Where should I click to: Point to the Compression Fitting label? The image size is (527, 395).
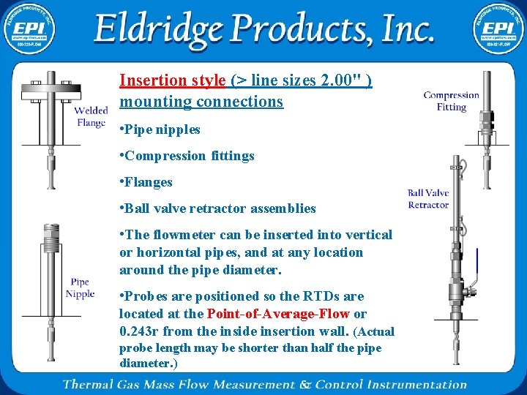pyautogui.click(x=452, y=101)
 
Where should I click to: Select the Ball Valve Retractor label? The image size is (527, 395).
pyautogui.click(x=428, y=199)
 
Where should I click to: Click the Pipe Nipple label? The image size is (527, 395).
pyautogui.click(x=80, y=287)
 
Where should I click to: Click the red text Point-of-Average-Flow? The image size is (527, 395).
pyautogui.click(x=279, y=314)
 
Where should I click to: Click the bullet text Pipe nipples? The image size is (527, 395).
pyautogui.click(x=162, y=129)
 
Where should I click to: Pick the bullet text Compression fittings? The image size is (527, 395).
pyautogui.click(x=190, y=156)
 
